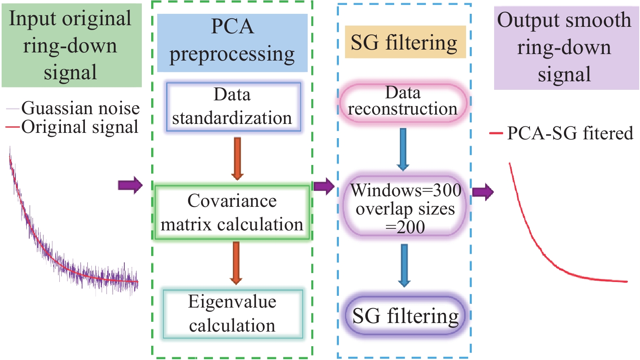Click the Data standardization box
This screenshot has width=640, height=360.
(233, 107)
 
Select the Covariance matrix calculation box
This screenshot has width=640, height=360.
(232, 213)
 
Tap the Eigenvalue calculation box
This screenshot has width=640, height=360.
(233, 314)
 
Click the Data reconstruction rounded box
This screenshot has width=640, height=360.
(403, 102)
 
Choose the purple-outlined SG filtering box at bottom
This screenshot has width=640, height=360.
(405, 316)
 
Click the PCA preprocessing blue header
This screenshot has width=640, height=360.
(232, 42)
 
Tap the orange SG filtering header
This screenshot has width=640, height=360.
(405, 42)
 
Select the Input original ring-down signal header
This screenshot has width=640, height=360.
(71, 46)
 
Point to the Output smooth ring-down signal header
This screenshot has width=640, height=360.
(565, 48)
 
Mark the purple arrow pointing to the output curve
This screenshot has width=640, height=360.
(483, 191)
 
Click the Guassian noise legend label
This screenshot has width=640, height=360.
(80, 108)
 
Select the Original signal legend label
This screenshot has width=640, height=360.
(80, 127)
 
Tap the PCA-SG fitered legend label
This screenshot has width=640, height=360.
(570, 133)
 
